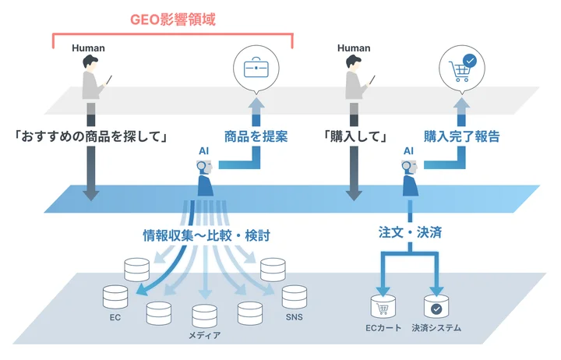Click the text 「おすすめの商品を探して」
[x=92, y=136]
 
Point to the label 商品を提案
[x=256, y=136]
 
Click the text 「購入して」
[x=355, y=136]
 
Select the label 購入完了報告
[x=461, y=136]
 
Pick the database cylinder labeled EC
[x=115, y=297]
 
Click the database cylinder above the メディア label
[x=204, y=315]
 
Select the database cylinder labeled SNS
[x=294, y=297]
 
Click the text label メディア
[x=204, y=336]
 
